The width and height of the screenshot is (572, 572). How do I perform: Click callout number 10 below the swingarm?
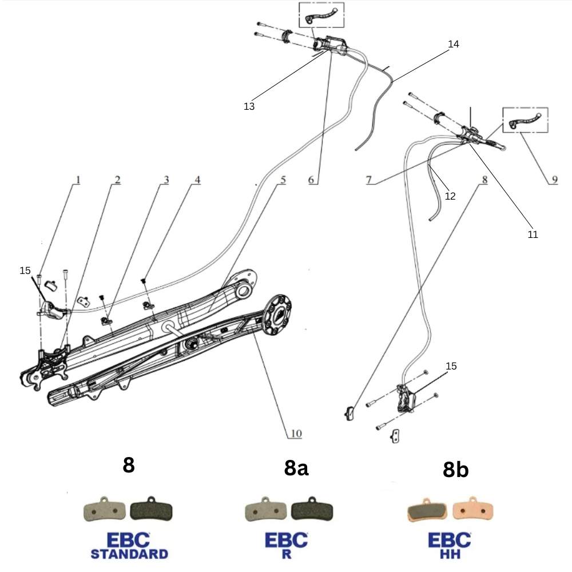(295, 434)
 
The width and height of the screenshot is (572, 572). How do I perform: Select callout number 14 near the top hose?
(454, 44)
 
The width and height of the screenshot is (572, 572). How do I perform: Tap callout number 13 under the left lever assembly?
(249, 106)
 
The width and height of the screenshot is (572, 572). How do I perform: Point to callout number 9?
(554, 180)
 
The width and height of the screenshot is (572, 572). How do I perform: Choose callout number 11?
(533, 235)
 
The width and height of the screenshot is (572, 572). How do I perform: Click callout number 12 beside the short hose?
(450, 196)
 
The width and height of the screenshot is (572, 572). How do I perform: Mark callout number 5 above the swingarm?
(283, 180)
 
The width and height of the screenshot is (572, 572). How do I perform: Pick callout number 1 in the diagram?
(78, 180)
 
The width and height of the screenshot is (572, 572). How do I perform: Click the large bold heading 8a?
(296, 468)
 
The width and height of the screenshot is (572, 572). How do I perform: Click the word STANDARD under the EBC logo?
(129, 554)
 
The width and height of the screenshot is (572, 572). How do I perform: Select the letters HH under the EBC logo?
(450, 554)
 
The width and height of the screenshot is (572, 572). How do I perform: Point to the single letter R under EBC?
(286, 554)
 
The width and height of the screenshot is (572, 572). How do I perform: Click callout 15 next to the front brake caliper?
(451, 366)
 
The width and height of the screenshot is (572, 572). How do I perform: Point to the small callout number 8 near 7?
(484, 180)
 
